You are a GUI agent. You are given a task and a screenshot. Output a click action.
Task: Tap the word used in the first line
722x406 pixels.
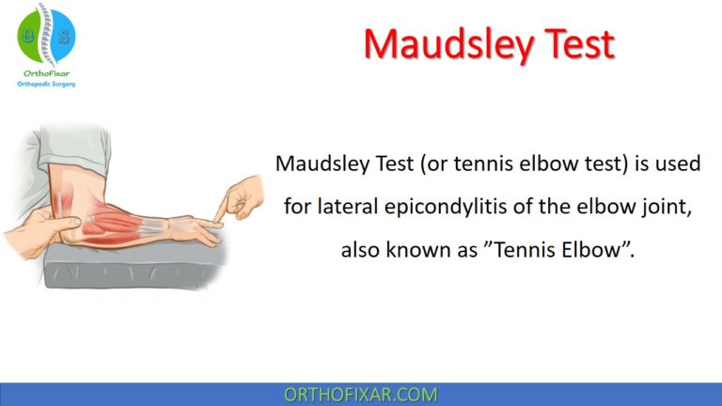tap(679, 164)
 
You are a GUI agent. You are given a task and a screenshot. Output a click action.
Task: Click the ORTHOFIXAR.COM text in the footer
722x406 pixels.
tap(361, 395)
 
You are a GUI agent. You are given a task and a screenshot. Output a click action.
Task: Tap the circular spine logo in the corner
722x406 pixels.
tap(45, 35)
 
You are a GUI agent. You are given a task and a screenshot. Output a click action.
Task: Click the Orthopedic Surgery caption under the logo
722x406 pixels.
tap(45, 84)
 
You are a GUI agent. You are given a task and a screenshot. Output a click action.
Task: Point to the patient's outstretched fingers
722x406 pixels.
tap(202, 230)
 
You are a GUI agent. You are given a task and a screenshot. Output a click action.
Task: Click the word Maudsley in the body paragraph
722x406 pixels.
tap(318, 164)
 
